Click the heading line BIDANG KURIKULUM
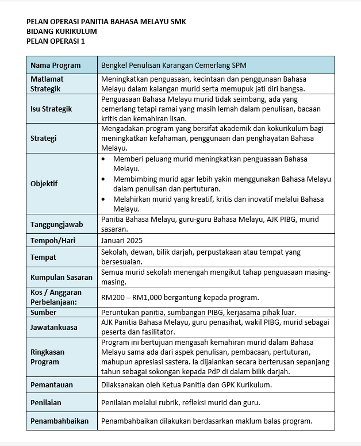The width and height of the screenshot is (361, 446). click(x=62, y=31)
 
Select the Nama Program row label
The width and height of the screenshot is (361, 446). click(x=55, y=65)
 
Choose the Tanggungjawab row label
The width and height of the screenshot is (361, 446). click(x=57, y=224)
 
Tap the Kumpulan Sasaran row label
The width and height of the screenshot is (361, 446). click(x=61, y=277)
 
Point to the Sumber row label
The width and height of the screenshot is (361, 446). click(x=44, y=312)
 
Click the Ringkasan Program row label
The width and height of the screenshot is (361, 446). click(x=47, y=357)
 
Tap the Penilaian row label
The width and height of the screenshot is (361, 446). click(x=46, y=402)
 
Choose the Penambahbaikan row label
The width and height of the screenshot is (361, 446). click(x=60, y=421)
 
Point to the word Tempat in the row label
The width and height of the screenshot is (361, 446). click(x=43, y=257)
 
